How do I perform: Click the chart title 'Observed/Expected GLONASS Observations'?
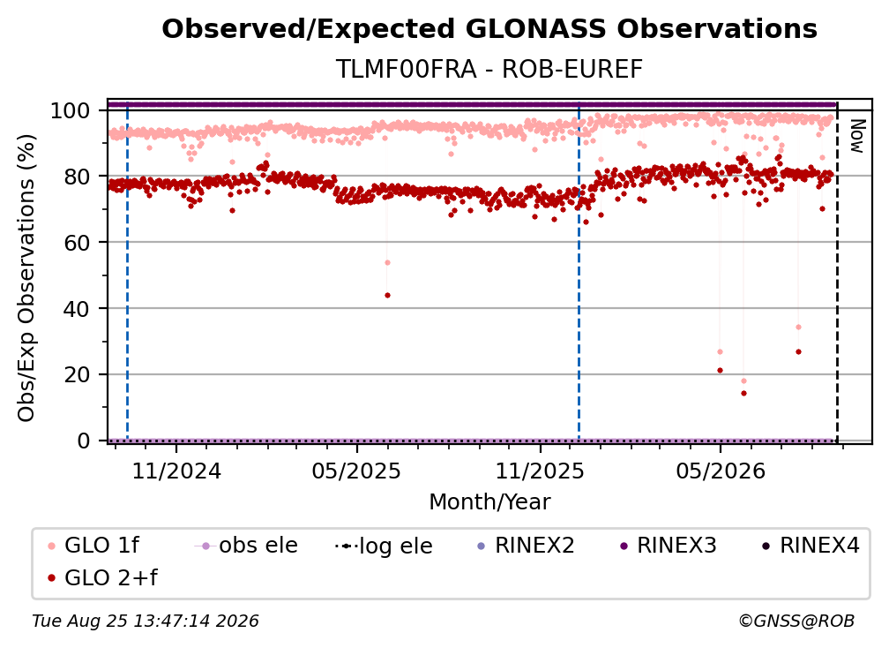pyautogui.click(x=489, y=29)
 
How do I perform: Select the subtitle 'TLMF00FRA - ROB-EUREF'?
pyautogui.click(x=489, y=70)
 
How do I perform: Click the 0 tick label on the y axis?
pyautogui.click(x=84, y=441)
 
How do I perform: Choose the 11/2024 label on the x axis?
pyautogui.click(x=176, y=471)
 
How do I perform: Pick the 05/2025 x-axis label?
pyautogui.click(x=356, y=471)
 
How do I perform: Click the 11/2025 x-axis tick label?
pyautogui.click(x=540, y=471)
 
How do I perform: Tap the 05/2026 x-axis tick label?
pyautogui.click(x=720, y=471)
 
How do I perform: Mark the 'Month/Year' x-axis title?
pyautogui.click(x=489, y=502)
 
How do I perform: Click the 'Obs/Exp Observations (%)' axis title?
pyautogui.click(x=26, y=278)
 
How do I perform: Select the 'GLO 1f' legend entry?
pyautogui.click(x=93, y=546)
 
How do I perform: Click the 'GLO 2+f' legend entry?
pyautogui.click(x=102, y=578)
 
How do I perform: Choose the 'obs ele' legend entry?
pyautogui.click(x=245, y=546)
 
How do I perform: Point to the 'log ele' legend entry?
pyautogui.click(x=384, y=546)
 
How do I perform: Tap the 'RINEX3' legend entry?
pyautogui.click(x=669, y=546)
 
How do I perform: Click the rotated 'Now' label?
pyautogui.click(x=857, y=136)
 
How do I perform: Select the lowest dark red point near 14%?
pyautogui.click(x=743, y=393)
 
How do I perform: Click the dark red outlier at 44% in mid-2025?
pyautogui.click(x=387, y=295)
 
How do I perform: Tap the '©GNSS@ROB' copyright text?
pyautogui.click(x=796, y=622)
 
